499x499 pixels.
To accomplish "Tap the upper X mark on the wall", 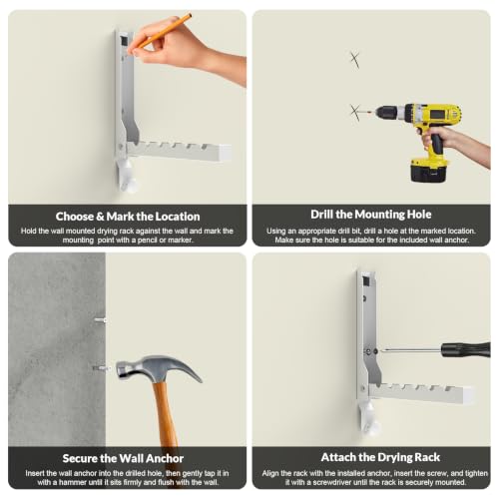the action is click(x=355, y=60).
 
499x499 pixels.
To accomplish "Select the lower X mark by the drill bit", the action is click(x=355, y=112).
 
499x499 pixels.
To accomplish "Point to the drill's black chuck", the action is click(x=387, y=113).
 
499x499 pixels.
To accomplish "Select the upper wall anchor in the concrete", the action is click(x=100, y=320).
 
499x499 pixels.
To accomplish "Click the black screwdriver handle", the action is click(x=466, y=350).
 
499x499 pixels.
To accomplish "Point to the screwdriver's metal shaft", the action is click(x=411, y=350).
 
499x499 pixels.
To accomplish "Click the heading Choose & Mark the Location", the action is click(x=128, y=217).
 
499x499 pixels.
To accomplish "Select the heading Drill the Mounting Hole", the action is click(x=371, y=215).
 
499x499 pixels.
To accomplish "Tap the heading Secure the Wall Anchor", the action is click(x=123, y=458).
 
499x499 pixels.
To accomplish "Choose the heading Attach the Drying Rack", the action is click(x=380, y=457).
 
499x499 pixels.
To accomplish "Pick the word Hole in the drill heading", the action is click(x=419, y=215).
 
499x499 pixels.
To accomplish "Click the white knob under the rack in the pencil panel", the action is click(x=128, y=176).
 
